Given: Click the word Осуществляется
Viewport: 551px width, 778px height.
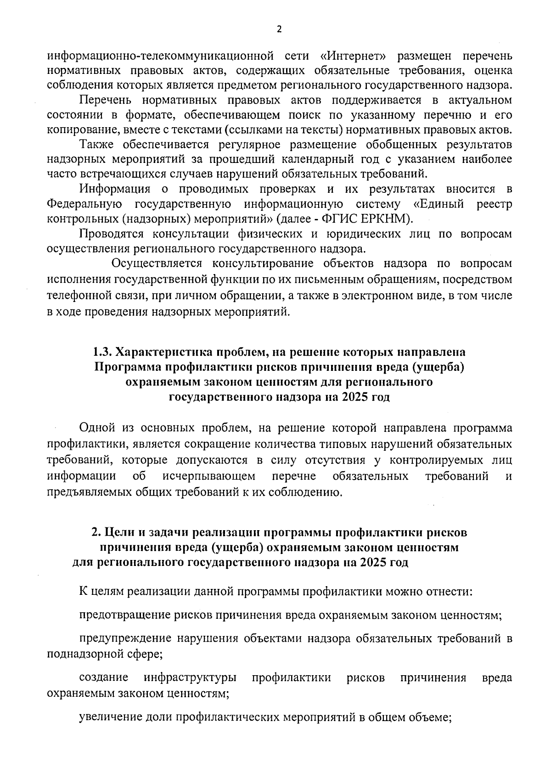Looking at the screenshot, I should (157, 263).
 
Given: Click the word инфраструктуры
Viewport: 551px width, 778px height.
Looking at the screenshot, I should (190, 678).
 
